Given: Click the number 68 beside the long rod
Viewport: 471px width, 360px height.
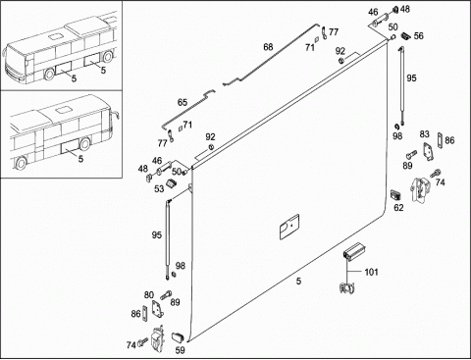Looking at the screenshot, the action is (x=268, y=47).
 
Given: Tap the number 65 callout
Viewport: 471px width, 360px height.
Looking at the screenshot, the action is (x=183, y=102).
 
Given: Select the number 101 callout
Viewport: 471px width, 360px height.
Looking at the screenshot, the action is (x=371, y=272).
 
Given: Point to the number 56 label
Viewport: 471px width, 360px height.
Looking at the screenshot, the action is (x=419, y=35).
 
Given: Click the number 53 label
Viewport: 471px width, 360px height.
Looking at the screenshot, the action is (x=159, y=188).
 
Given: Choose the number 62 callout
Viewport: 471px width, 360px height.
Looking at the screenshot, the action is (x=398, y=207).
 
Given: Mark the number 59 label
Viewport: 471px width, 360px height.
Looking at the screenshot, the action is (x=180, y=350).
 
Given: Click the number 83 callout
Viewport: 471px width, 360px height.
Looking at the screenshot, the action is (x=424, y=134).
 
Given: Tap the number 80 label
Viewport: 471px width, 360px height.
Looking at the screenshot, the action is (x=149, y=295).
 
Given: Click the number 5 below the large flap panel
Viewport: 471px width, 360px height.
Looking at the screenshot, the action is (x=298, y=281).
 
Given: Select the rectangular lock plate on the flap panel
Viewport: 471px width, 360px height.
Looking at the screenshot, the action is (x=289, y=227).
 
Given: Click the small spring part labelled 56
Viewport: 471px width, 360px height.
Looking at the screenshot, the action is (x=406, y=36).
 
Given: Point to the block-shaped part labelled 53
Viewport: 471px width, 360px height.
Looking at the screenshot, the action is (x=171, y=183).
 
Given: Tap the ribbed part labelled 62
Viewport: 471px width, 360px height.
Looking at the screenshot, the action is (x=395, y=194).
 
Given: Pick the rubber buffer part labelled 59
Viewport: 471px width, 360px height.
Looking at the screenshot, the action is (x=178, y=336).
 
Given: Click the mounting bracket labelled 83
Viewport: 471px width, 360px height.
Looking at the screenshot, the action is (x=427, y=151).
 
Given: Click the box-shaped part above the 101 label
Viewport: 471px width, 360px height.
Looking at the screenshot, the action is (x=354, y=251).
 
